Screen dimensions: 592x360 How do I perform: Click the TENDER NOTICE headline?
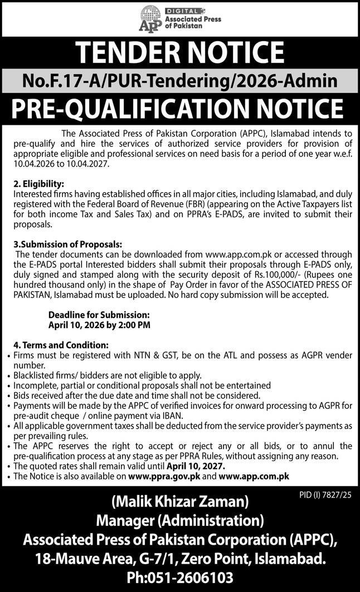click(180, 52)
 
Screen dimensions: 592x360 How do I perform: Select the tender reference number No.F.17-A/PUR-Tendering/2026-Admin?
click(180, 81)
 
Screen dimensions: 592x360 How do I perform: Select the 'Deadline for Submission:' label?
click(99, 315)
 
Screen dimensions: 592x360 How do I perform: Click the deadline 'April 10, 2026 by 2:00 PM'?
click(99, 324)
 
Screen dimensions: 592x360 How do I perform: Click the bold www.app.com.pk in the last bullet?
click(254, 476)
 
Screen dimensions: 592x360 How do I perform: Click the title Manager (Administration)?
click(179, 522)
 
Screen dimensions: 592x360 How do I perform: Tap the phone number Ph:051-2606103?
click(179, 577)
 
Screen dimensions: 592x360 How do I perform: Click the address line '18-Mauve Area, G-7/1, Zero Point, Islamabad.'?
click(179, 559)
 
